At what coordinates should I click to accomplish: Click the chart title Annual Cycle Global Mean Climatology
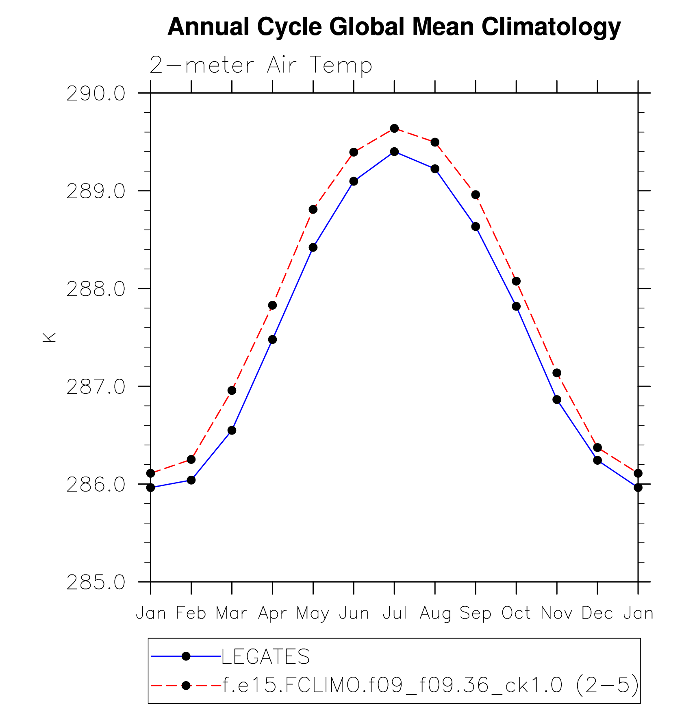coord(394,27)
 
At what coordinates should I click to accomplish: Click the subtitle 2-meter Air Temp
coord(261,65)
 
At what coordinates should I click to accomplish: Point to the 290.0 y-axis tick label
coord(96,94)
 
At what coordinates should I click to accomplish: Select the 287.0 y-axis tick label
coord(96,387)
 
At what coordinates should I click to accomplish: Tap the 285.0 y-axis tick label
coord(96,583)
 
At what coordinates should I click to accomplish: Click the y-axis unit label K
coord(49,337)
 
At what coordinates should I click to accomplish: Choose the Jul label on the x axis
coord(394,613)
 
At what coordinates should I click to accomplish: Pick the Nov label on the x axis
coord(556,613)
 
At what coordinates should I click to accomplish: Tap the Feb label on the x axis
coord(191,613)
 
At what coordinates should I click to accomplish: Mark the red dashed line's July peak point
coord(394,129)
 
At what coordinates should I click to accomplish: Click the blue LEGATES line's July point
coord(394,152)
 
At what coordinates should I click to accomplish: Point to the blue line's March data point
coord(232,431)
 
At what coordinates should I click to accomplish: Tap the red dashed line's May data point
coord(313,210)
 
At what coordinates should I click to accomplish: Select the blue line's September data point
coord(476,227)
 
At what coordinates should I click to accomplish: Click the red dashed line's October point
coord(516,281)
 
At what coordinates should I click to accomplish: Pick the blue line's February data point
coord(191,480)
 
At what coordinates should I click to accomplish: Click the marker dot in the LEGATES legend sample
coord(186,656)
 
